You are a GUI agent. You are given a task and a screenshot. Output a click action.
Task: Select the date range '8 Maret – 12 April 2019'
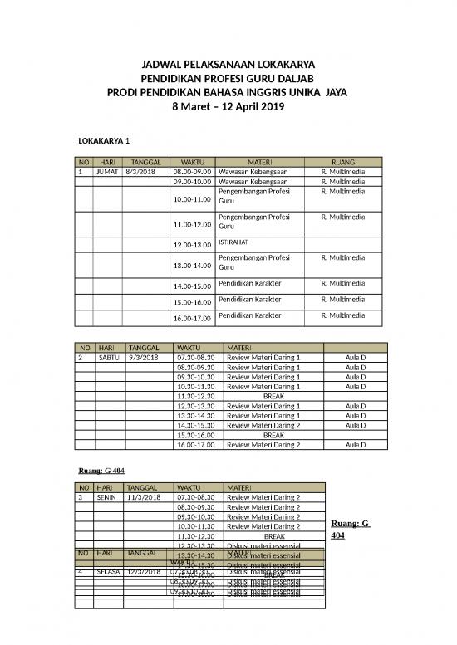228,106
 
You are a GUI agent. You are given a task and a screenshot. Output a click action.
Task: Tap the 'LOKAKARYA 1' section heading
104,140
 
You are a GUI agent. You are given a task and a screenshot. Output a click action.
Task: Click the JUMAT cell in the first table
107,171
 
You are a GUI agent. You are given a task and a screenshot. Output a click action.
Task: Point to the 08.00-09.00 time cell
192,171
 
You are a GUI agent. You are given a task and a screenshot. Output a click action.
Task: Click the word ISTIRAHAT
233,242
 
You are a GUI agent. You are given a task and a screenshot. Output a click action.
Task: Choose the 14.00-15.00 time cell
192,286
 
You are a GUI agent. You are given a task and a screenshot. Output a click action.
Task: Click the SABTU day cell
109,358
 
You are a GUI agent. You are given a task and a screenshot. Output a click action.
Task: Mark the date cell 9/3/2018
142,358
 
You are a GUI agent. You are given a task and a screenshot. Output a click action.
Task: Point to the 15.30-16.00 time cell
196,434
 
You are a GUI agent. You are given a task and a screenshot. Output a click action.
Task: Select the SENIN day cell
108,497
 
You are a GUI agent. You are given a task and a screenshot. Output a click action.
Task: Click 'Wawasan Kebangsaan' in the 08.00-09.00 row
253,171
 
